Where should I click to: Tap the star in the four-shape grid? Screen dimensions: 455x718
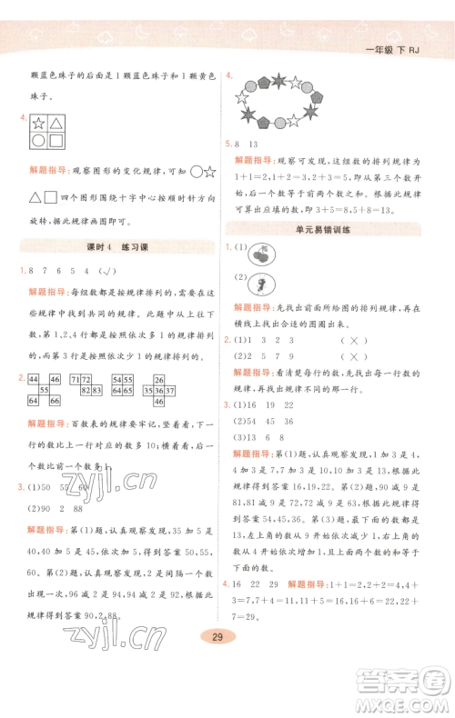(x=39, y=123)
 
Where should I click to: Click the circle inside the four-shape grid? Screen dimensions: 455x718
(x=39, y=140)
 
